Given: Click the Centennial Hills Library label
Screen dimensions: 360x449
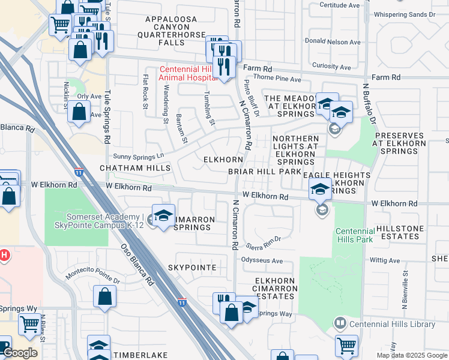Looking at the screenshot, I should coord(393,324).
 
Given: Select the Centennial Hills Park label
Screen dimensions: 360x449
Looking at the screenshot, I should coord(355,235).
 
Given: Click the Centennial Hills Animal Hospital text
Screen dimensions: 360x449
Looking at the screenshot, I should coord(187,73).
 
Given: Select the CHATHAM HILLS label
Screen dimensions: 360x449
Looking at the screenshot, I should coord(136,169).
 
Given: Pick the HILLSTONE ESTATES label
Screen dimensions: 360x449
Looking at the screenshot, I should coord(406,233).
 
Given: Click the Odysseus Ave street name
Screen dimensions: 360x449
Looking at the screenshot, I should coord(262,261).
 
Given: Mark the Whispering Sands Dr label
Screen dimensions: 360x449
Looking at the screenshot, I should coord(403,14).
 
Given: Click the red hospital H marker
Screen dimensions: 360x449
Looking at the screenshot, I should coord(4,256).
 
